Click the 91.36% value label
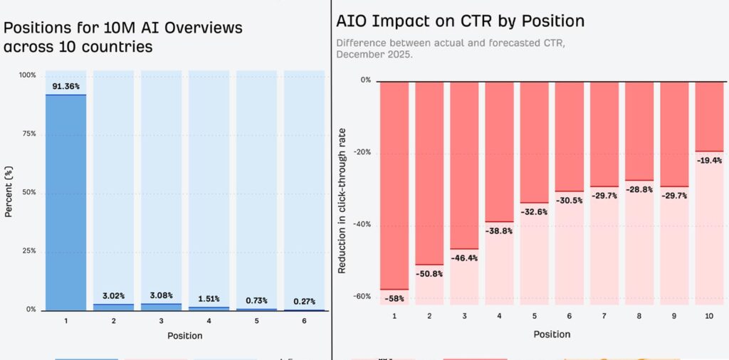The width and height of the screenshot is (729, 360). pyautogui.click(x=65, y=87)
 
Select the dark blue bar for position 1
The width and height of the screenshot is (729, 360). pyautogui.click(x=65, y=203)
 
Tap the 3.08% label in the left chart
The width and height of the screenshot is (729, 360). pyautogui.click(x=161, y=295)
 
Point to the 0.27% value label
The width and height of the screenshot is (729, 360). pyautogui.click(x=304, y=301)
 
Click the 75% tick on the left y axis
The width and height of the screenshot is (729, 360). pyautogui.click(x=27, y=134)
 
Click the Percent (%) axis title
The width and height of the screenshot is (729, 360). pyautogui.click(x=9, y=192)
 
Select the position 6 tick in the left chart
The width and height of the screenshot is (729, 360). pyautogui.click(x=304, y=321)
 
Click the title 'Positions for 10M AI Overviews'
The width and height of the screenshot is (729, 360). pyautogui.click(x=123, y=28)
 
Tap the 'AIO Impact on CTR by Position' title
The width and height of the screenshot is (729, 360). pyautogui.click(x=461, y=21)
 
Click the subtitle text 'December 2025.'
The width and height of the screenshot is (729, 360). pyautogui.click(x=374, y=54)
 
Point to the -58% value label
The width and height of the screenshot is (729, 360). pyautogui.click(x=394, y=299)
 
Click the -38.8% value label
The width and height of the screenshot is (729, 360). pyautogui.click(x=499, y=231)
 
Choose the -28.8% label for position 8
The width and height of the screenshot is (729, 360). pyautogui.click(x=639, y=190)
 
